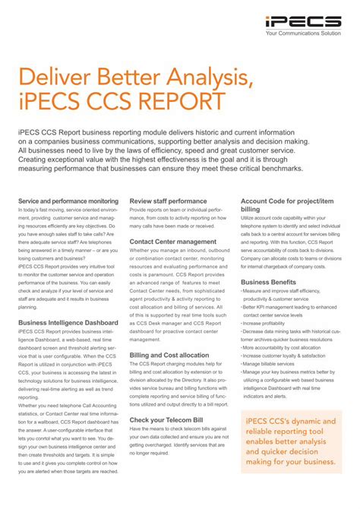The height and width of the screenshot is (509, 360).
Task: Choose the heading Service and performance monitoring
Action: point(68,201)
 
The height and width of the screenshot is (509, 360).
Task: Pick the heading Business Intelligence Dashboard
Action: point(68,323)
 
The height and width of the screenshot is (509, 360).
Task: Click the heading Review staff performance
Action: point(168,201)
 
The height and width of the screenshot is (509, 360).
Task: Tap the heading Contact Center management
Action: point(173,242)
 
